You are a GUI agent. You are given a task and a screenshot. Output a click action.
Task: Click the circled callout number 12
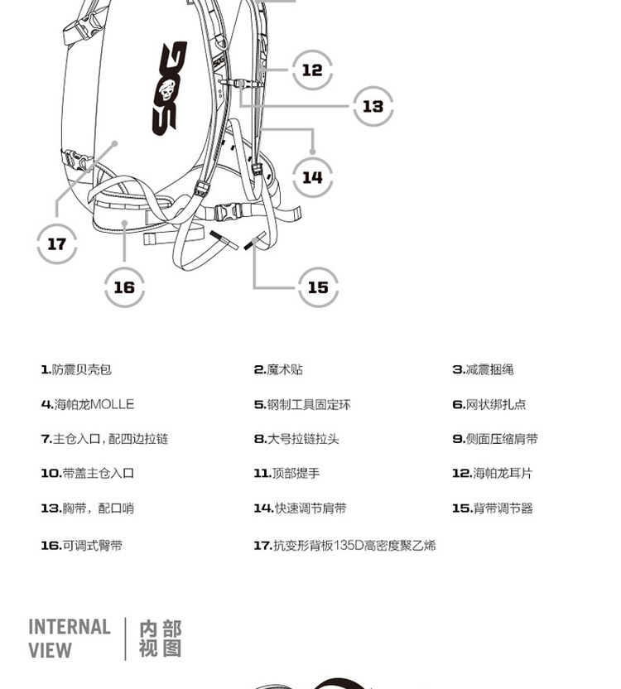(312, 70)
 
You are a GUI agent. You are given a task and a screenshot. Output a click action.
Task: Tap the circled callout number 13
(373, 106)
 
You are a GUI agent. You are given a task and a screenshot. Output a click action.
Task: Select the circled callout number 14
(312, 177)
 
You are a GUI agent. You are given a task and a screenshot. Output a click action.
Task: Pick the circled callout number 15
(318, 287)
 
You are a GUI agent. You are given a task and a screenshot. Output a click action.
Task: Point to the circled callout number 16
(124, 287)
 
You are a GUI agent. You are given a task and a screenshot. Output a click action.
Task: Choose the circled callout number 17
(56, 243)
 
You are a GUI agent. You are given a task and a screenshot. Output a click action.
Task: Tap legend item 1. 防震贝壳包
(76, 369)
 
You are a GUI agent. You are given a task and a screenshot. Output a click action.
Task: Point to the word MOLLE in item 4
(112, 404)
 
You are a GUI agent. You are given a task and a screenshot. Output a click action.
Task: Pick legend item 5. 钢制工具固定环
(302, 404)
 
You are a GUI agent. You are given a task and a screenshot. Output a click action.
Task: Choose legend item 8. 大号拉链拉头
(296, 439)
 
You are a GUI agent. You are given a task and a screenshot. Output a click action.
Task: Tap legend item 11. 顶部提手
(286, 473)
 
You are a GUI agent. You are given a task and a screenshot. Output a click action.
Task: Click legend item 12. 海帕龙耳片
(492, 473)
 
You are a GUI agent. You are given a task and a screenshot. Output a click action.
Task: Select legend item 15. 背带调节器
(492, 508)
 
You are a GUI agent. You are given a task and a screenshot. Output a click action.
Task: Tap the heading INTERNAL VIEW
(70, 638)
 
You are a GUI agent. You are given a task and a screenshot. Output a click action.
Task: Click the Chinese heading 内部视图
(160, 638)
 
